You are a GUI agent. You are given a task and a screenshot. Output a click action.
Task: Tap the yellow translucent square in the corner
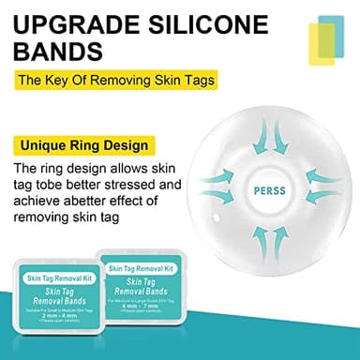click(322, 39)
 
